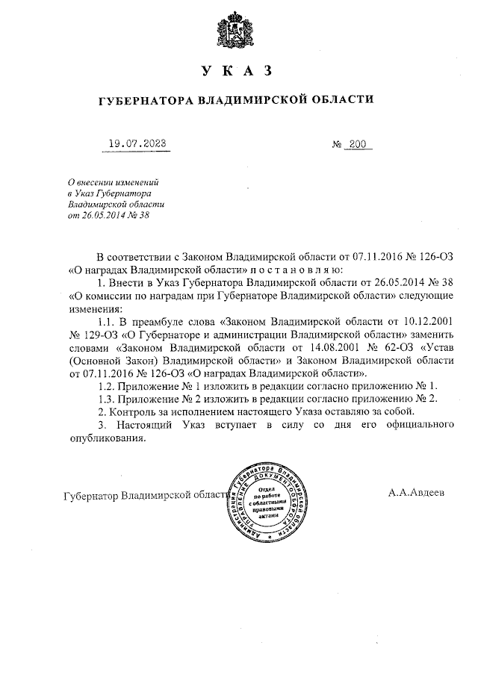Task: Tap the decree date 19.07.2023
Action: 137,145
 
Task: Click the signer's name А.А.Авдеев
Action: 416,494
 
